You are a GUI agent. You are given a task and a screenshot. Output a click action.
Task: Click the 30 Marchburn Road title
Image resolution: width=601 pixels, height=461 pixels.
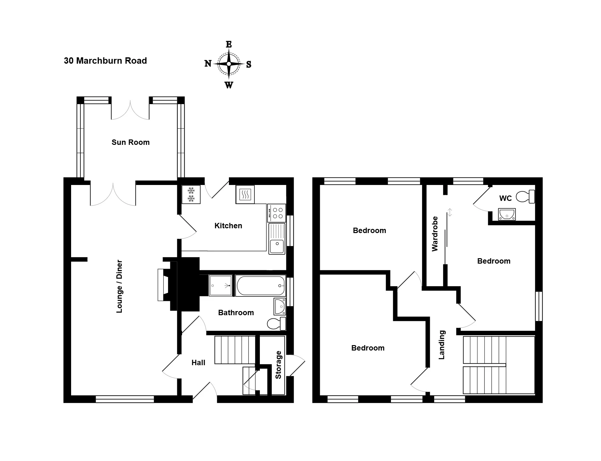105,61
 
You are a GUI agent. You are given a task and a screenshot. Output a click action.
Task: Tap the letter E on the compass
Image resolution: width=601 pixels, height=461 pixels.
229,44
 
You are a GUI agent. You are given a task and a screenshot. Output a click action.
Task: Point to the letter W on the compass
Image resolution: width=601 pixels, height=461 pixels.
229,85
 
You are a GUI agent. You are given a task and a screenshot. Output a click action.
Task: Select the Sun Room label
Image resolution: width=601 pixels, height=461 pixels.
130,142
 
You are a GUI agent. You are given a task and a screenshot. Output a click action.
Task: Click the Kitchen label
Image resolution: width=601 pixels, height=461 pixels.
228,226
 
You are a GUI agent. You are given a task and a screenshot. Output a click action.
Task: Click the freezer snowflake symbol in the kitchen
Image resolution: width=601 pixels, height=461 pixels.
191,195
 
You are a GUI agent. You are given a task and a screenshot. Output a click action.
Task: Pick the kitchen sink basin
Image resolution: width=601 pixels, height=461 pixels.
277,246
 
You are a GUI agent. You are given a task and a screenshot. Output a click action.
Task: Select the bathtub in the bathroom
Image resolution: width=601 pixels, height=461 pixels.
260,286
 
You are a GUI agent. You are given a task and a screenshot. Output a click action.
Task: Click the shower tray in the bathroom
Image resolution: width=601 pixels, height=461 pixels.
221,286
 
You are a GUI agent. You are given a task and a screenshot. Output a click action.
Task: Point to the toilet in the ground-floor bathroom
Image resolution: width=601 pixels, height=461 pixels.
276,324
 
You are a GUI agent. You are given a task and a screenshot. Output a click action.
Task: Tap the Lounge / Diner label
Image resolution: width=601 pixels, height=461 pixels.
119,287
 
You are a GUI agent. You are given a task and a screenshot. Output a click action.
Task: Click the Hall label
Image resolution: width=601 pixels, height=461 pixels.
198,363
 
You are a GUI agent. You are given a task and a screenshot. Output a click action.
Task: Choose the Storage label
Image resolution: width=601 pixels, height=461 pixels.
278,365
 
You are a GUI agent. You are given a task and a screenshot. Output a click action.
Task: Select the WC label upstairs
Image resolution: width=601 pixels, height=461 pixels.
505,198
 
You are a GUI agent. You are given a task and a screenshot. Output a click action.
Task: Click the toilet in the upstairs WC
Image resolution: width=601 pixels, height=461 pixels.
525,196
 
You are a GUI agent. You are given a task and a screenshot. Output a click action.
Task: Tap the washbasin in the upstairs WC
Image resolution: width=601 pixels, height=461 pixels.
507,214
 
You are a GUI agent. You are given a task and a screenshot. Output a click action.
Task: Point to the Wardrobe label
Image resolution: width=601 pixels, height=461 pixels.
435,234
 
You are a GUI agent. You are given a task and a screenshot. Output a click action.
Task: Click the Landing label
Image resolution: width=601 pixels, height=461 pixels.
442,345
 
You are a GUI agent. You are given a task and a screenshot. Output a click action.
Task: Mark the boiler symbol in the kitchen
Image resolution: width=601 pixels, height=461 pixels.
245,194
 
